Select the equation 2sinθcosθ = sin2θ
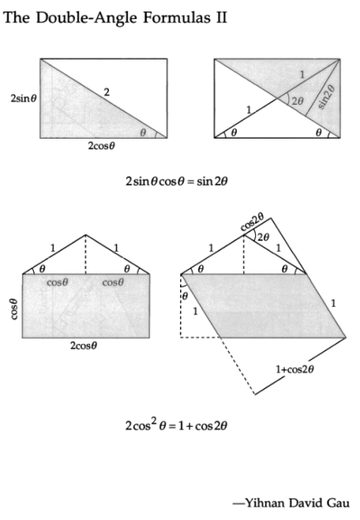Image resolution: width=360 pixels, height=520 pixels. click(x=177, y=182)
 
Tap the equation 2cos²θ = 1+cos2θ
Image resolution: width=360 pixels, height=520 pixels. click(x=176, y=425)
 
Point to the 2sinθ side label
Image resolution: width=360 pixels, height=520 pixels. click(x=23, y=98)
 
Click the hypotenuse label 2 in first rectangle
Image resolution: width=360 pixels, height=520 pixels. click(x=107, y=92)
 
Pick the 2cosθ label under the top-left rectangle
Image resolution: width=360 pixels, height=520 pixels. click(x=102, y=146)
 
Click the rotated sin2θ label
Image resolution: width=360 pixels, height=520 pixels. click(x=326, y=97)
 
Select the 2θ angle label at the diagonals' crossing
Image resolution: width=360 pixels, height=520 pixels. click(x=297, y=101)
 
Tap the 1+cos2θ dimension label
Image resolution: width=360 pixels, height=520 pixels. click(x=295, y=369)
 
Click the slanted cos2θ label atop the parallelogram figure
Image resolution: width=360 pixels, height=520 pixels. click(x=252, y=222)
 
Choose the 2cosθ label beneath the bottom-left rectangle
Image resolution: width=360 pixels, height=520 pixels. click(x=83, y=346)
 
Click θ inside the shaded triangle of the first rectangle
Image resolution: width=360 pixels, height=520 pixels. click(x=143, y=133)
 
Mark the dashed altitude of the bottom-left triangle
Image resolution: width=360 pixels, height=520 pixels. click(x=86, y=254)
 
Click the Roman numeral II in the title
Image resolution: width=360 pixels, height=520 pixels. click(x=221, y=18)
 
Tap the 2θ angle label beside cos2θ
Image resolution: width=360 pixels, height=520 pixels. click(x=263, y=238)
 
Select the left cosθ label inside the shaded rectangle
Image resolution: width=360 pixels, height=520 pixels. click(x=58, y=282)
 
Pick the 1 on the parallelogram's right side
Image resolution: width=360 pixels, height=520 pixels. click(x=334, y=303)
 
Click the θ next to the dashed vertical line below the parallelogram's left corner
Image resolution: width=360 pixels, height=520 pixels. click(x=185, y=295)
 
